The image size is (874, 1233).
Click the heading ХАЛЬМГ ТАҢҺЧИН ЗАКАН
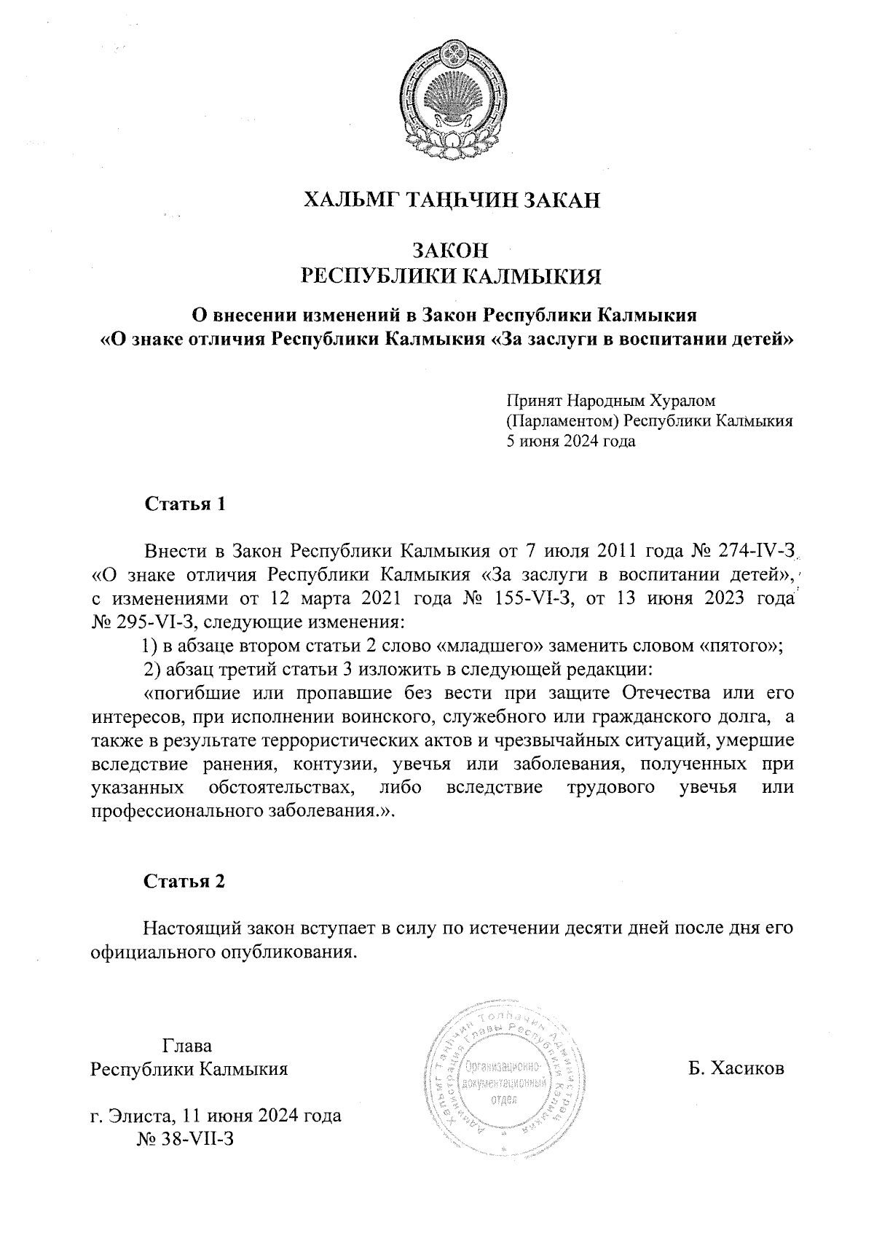(451, 200)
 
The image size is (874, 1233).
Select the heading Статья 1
(185, 504)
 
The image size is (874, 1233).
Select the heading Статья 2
(185, 882)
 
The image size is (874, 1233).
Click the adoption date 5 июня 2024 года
(571, 441)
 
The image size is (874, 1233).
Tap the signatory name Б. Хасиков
(736, 1069)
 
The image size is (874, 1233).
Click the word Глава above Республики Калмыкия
(187, 1046)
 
